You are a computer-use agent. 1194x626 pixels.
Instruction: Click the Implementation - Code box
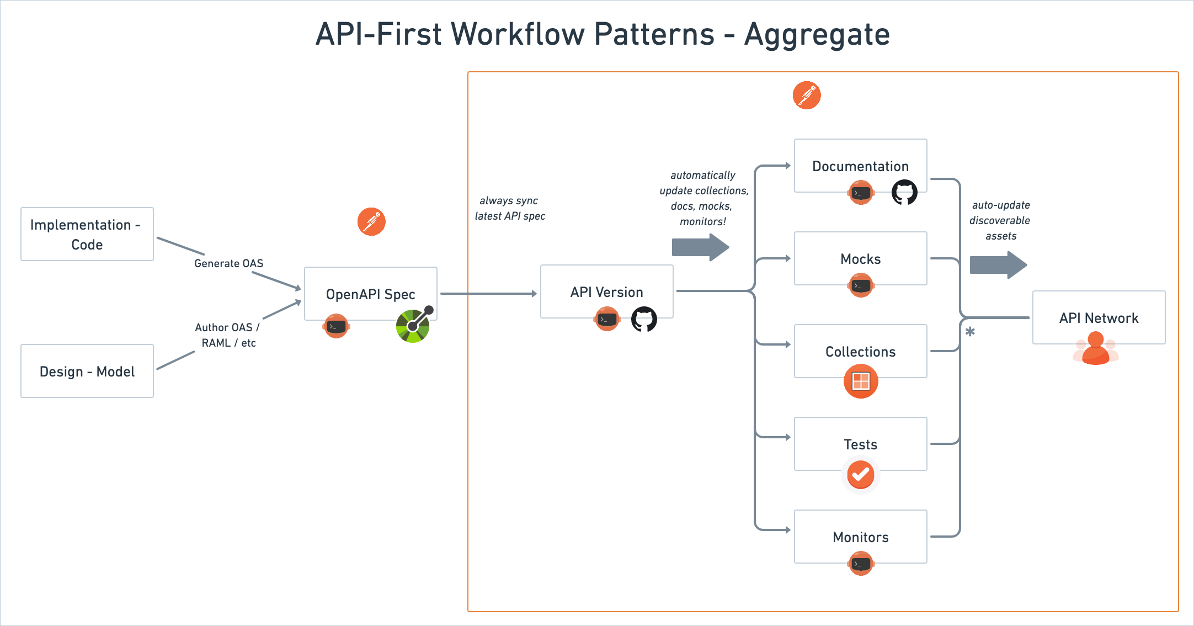pos(87,234)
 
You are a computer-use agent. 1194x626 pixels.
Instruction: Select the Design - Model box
pos(87,371)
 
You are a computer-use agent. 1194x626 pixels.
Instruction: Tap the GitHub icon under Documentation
pos(904,192)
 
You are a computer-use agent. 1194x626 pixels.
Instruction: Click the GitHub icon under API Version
pos(644,319)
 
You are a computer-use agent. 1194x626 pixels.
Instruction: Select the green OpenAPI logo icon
pos(413,326)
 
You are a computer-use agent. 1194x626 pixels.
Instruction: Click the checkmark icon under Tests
pos(860,474)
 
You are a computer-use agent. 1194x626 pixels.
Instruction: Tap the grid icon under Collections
pos(860,381)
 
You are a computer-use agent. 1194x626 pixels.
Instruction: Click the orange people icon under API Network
pos(1096,349)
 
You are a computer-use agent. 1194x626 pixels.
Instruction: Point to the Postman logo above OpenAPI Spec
pos(371,222)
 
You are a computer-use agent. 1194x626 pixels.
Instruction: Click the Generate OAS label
pos(228,263)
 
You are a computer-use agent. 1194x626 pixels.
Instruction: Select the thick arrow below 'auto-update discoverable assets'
pos(998,265)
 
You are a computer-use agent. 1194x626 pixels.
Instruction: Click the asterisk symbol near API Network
pos(970,332)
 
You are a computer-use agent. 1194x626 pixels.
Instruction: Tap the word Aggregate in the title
pos(817,34)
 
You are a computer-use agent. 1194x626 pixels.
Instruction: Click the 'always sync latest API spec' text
pos(510,208)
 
